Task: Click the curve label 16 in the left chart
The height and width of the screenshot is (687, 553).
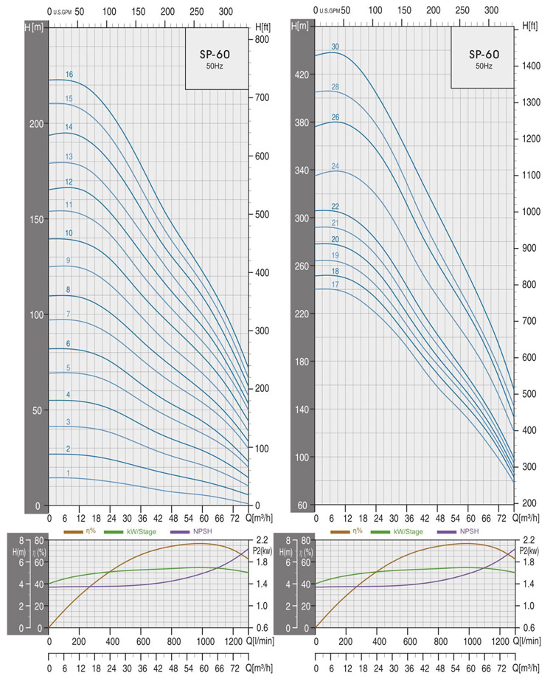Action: tap(69, 75)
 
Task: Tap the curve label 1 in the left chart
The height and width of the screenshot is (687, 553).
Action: tap(69, 473)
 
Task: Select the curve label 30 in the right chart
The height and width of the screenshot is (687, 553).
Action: tap(335, 47)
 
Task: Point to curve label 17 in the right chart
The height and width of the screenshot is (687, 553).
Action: tap(335, 284)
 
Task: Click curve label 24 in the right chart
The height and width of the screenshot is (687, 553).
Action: tap(335, 166)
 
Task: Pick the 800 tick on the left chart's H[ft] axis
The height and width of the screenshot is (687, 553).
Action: tap(262, 38)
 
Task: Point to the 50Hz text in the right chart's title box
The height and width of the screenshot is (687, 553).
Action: tap(484, 66)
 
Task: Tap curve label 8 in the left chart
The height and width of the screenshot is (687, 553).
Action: tap(69, 290)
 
